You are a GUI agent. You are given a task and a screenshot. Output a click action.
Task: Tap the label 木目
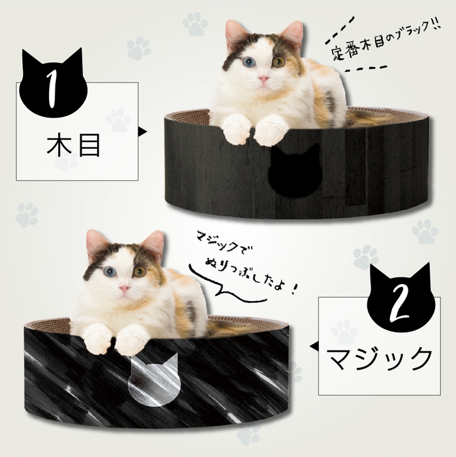(74, 146)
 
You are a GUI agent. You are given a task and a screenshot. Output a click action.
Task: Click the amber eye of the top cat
(279, 62)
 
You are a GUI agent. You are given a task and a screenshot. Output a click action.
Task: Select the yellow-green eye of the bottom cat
(139, 271)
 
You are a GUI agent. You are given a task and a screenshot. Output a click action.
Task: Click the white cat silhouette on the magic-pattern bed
(154, 378)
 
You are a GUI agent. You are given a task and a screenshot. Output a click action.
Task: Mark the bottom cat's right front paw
(97, 338)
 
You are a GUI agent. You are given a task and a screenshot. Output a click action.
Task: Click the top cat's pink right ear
(236, 34)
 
